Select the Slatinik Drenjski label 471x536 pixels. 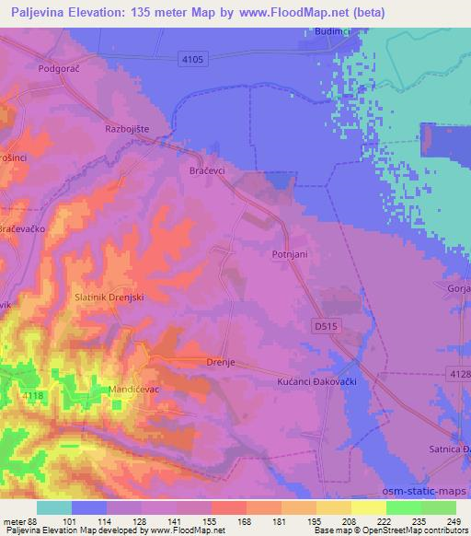click(109, 298)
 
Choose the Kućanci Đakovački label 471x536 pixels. click(316, 380)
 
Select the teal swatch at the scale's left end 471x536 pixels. click(54, 507)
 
